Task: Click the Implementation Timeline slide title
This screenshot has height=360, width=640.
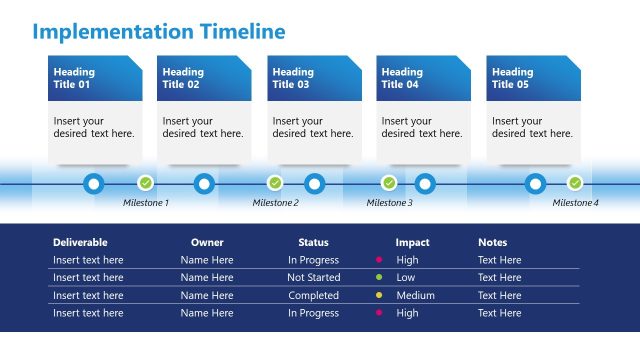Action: pos(159,31)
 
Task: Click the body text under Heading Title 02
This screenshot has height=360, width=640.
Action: pos(203,127)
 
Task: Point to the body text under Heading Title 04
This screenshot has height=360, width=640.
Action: pos(422,127)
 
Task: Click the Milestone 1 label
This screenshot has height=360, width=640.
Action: pos(146,203)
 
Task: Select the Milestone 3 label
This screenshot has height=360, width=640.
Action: pos(389,203)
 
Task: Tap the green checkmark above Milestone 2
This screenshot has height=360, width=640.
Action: pos(275,183)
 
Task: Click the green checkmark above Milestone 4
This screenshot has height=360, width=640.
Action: pos(575,183)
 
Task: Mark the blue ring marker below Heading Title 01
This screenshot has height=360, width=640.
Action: pos(94,184)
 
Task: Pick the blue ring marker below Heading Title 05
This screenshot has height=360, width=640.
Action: pos(535,184)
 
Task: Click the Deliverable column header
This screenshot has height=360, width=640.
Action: pos(80,242)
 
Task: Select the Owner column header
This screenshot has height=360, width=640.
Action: pos(207,242)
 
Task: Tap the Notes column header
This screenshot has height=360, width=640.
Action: pos(492,242)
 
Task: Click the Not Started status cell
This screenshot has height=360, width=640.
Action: pos(313,277)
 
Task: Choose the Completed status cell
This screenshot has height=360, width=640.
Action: pos(313,295)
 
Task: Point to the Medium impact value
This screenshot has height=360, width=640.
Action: pos(415,295)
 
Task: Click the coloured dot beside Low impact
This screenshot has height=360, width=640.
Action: pos(379,277)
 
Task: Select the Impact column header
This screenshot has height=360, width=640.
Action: pos(412,242)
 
